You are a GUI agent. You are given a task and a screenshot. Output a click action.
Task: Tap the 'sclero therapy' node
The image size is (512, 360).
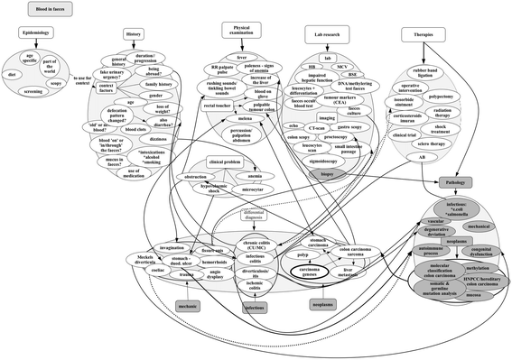click(430, 143)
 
